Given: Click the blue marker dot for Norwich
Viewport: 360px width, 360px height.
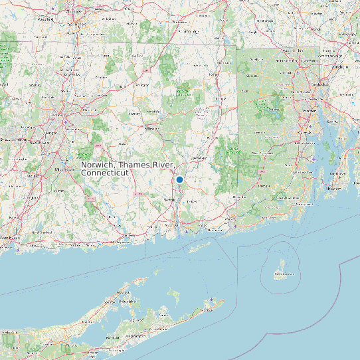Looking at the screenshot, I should pyautogui.click(x=179, y=179).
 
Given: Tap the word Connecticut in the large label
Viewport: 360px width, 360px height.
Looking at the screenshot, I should pyautogui.click(x=105, y=173).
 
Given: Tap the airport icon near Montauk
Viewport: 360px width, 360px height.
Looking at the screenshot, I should pyautogui.click(x=212, y=300).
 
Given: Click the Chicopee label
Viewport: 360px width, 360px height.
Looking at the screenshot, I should pyautogui.click(x=74, y=11).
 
